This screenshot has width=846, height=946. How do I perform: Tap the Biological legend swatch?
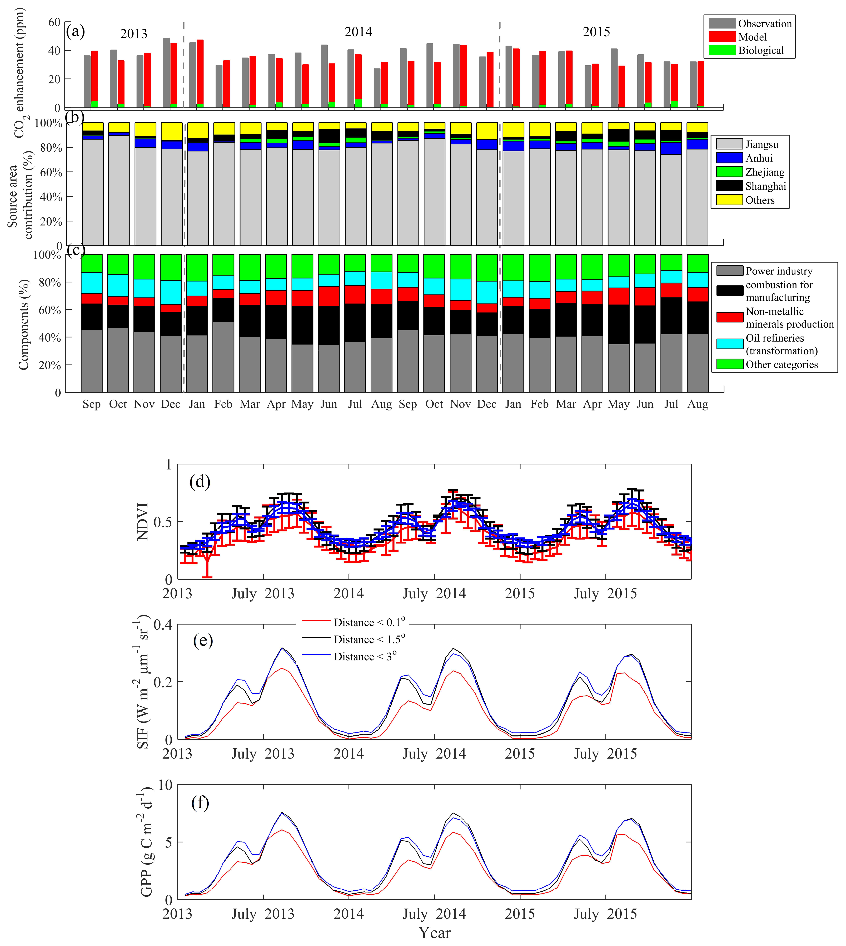tap(722, 50)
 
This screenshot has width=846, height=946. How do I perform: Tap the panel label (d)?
tap(200, 482)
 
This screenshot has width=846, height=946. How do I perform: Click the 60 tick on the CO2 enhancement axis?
tap(54, 22)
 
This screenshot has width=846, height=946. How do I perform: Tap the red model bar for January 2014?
tap(200, 74)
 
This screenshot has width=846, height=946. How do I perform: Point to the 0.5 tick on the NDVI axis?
tap(163, 522)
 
